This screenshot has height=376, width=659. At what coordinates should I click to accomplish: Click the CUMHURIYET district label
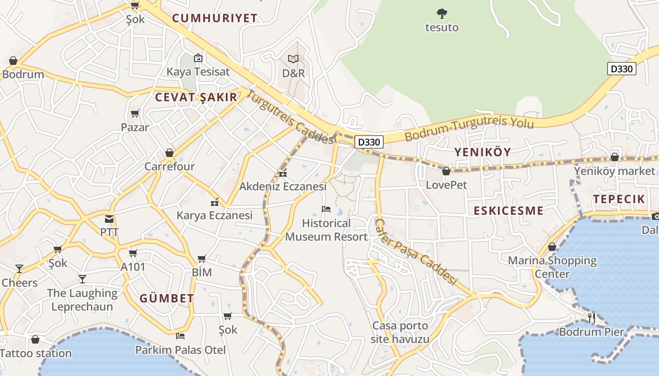coord(215,18)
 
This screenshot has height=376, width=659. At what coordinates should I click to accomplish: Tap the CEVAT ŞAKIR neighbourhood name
coord(196,97)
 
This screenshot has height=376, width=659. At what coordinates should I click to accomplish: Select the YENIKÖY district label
coord(482,152)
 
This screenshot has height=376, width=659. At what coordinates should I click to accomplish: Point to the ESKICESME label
coord(508,211)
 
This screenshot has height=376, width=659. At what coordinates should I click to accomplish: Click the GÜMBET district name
coord(167,298)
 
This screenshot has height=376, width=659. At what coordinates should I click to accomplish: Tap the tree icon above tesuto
coord(442,14)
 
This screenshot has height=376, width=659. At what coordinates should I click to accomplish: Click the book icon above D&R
coord(293,59)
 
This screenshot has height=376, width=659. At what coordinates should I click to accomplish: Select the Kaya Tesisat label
coord(198,72)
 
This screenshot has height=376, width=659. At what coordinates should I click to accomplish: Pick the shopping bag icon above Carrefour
coord(169,153)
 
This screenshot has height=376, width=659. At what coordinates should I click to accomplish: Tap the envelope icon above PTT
coord(109,219)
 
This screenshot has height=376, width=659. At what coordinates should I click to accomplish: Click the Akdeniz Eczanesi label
coord(283,187)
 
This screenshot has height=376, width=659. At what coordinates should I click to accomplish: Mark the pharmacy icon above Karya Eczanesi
coord(215,203)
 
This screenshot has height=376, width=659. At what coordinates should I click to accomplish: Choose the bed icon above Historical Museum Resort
coord(326,209)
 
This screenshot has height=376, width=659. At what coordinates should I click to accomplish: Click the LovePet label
coord(446,185)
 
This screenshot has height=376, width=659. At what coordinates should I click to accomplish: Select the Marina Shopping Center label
coord(552,267)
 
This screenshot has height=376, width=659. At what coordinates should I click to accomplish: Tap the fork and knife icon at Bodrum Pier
coord(592,318)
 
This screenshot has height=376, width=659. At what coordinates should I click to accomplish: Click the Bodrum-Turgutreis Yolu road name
coord(469,128)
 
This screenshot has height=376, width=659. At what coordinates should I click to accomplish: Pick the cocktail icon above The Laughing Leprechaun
coord(82,279)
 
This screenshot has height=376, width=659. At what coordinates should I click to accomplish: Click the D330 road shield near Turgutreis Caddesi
coord(369,141)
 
